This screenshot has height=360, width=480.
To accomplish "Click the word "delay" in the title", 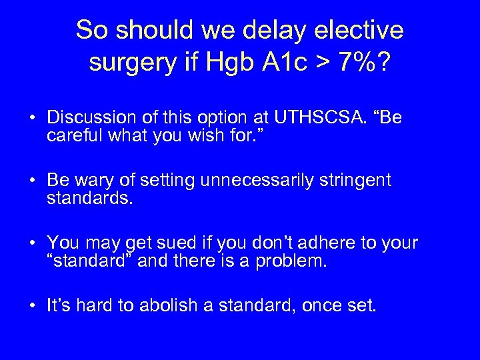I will click(x=287, y=30).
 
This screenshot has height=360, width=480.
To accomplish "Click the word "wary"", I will click(x=92, y=180).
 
